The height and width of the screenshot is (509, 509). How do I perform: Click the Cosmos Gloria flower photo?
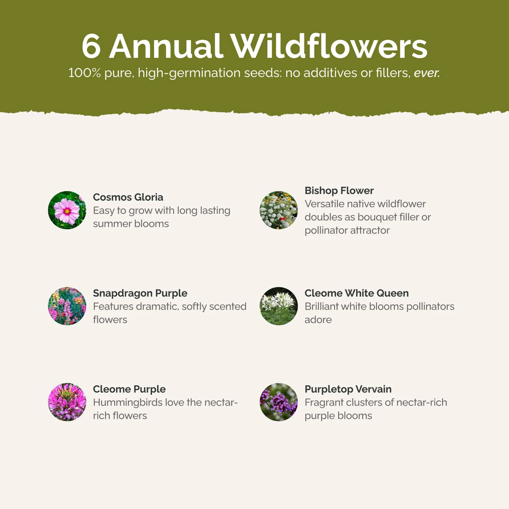coord(67,210)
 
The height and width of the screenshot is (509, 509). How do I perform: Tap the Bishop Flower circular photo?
coord(279,210)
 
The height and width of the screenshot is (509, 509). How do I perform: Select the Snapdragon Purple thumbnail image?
coord(67,306)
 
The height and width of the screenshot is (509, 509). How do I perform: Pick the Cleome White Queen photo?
coord(279,306)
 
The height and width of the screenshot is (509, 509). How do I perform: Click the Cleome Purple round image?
coord(67,402)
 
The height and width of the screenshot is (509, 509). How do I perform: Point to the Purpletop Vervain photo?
coord(279,402)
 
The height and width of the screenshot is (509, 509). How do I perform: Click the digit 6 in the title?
coord(91,46)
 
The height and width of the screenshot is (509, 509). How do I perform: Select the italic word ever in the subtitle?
coord(427,73)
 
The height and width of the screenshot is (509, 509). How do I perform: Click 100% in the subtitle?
coord(84,73)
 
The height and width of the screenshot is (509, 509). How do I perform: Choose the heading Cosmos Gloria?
coord(128,197)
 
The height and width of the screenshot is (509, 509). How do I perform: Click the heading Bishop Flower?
coord(339,191)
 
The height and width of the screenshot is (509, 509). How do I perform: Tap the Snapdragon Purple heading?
coord(140,293)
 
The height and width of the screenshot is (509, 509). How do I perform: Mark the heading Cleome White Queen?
coord(357,293)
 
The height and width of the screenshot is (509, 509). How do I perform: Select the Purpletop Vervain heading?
coord(348,389)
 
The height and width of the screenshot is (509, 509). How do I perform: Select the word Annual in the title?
coord(166,46)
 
